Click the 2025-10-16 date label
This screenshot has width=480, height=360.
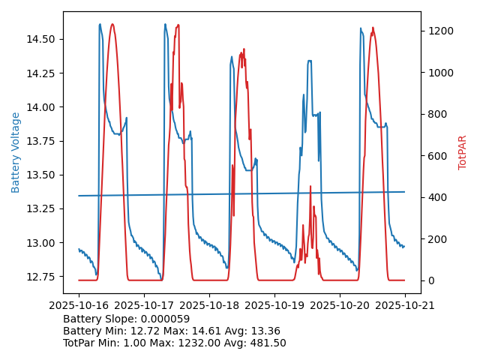point(79,306)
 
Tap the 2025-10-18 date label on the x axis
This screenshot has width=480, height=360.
point(209,306)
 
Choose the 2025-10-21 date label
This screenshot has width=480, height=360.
point(405,306)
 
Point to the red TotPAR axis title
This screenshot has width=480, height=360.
point(462,152)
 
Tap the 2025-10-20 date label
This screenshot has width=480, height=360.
point(340,306)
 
